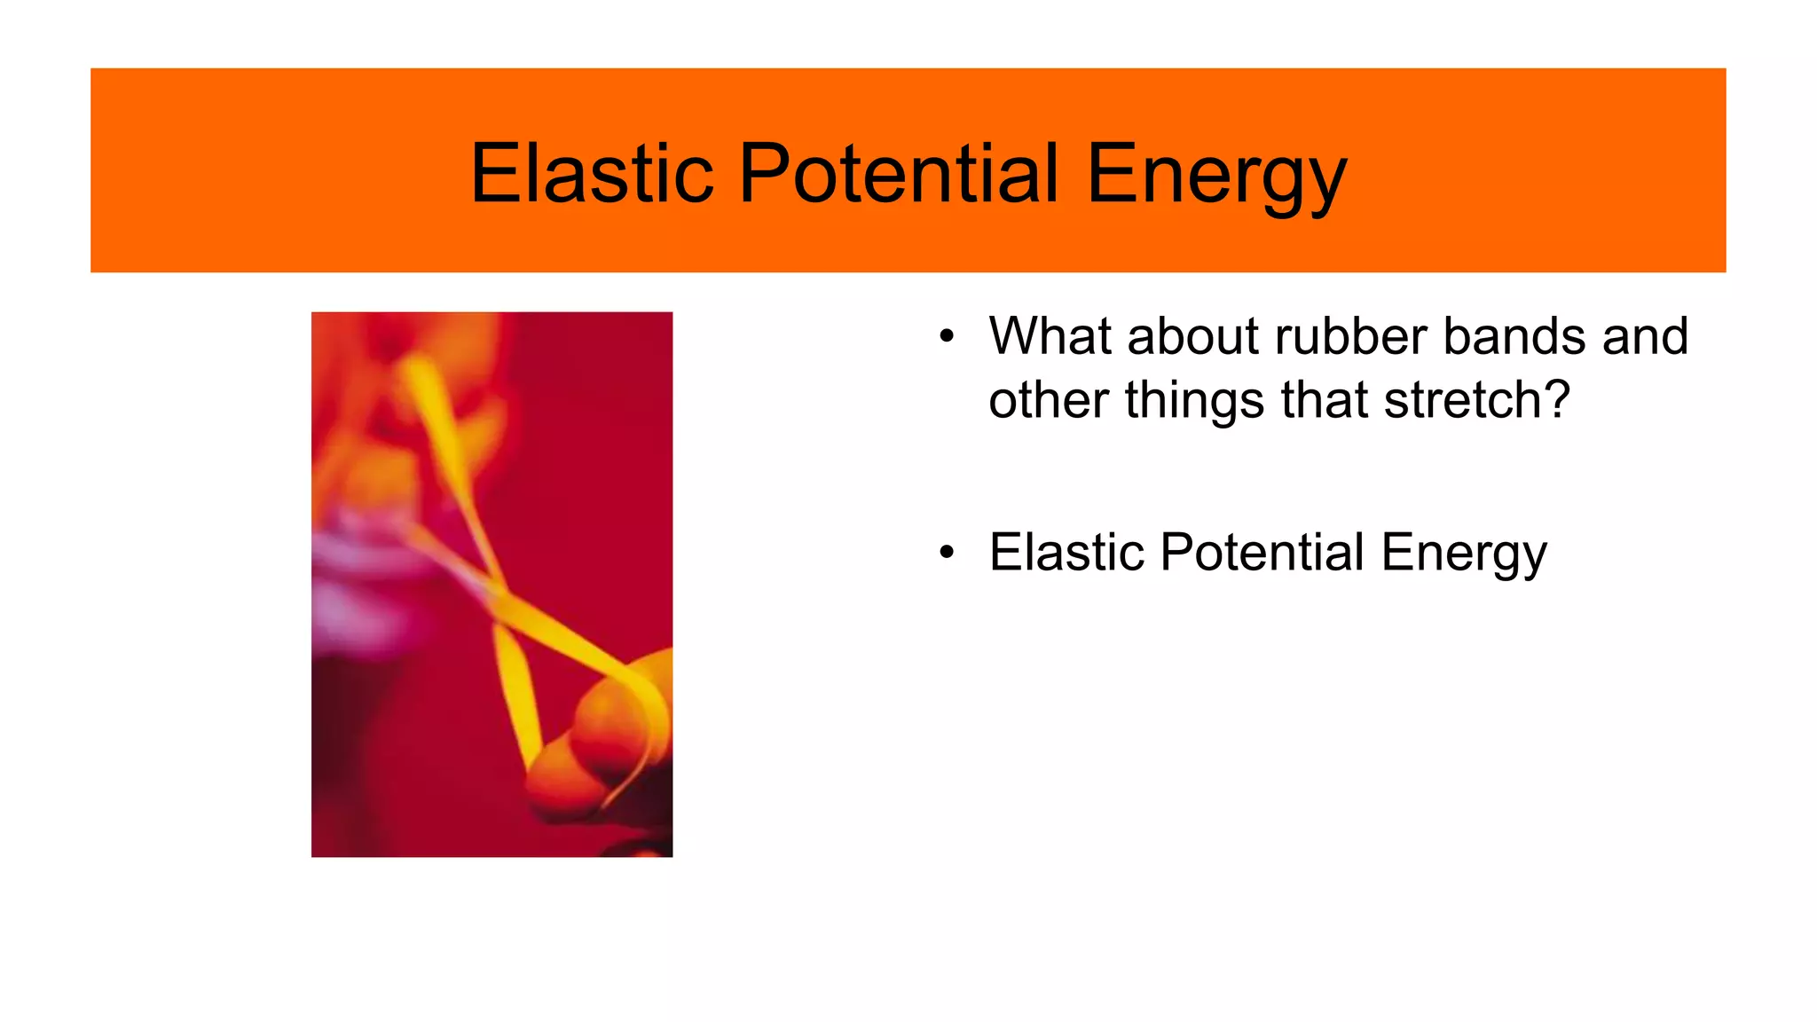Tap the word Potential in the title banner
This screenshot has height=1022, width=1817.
pos(898,173)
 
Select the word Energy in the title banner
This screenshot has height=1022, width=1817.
pos(1215,175)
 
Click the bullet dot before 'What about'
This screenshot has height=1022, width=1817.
pos(947,337)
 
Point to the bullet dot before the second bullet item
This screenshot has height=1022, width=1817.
pos(947,553)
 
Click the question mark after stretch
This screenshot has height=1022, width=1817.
pos(1555,400)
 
